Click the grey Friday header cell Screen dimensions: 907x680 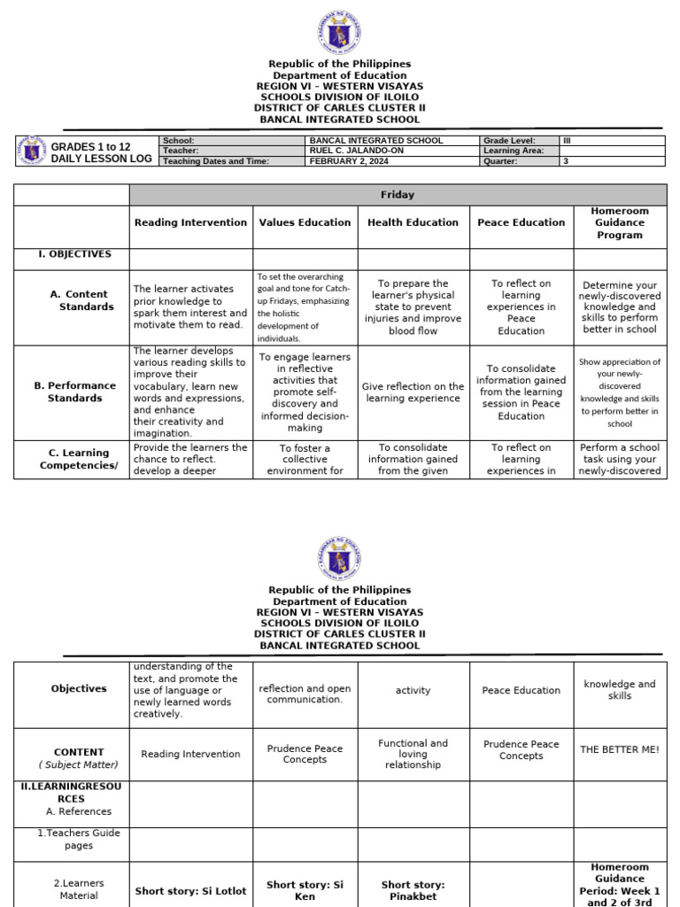coord(398,195)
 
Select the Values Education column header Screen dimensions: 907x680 coord(305,223)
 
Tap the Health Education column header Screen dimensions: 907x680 coord(413,223)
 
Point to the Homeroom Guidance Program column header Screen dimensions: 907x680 coord(620,223)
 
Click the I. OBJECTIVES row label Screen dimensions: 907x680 coord(73,254)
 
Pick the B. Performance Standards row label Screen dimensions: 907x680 coord(73,392)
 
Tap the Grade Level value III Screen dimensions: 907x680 coord(568,140)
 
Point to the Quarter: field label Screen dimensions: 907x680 coord(501,161)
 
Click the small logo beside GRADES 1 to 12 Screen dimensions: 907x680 coord(33,151)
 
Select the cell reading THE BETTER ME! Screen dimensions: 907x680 coord(619,749)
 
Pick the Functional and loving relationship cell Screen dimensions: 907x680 coord(413,754)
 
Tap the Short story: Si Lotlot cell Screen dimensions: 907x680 coord(190,891)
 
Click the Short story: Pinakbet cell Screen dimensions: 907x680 coord(413,890)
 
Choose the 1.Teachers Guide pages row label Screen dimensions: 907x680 coord(73,840)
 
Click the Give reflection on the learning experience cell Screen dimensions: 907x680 coord(413,392)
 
